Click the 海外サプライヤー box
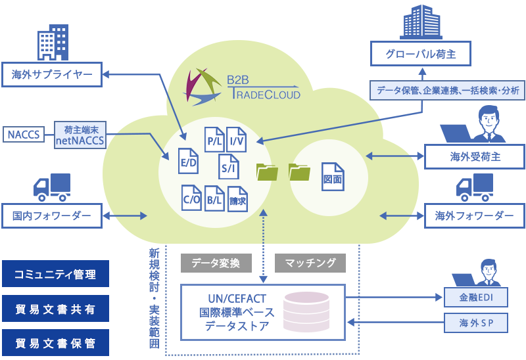click(x=52, y=75)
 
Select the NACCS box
click(x=24, y=135)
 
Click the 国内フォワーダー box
click(x=52, y=215)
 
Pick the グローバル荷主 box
click(x=421, y=55)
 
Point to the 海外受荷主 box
click(x=475, y=156)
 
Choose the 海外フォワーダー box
click(x=475, y=215)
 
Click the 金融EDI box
click(x=474, y=298)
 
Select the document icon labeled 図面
click(x=332, y=177)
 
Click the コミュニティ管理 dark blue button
click(x=55, y=274)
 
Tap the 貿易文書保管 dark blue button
click(x=55, y=343)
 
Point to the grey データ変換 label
click(x=216, y=263)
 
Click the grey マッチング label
click(x=310, y=263)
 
